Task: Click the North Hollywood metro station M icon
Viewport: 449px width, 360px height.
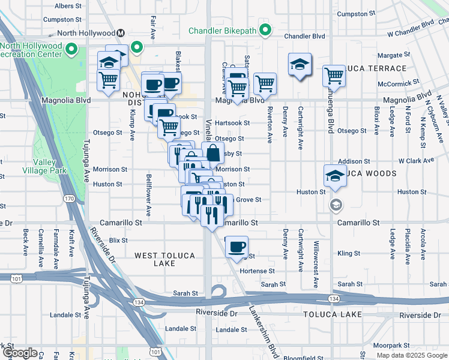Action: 121,33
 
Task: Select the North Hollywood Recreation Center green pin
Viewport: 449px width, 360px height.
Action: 72,49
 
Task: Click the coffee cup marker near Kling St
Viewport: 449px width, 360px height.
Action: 237,246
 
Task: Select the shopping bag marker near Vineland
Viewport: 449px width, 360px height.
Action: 212,152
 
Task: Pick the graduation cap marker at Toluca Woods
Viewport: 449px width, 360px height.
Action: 335,175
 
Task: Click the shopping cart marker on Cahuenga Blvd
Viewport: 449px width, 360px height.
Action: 334,76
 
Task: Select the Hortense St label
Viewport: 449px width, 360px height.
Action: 257,271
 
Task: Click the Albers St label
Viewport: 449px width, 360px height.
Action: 68,5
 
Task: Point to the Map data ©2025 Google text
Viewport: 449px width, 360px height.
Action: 411,355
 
